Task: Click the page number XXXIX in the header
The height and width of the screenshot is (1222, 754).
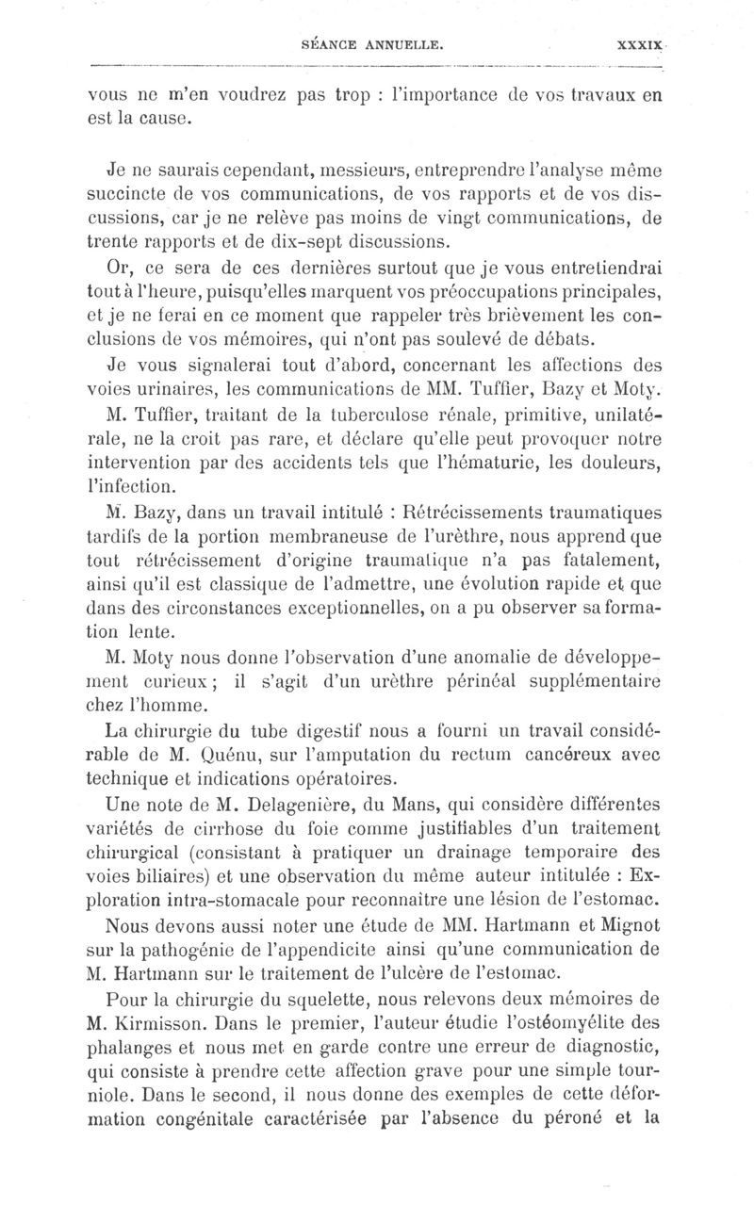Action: [x=640, y=43]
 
